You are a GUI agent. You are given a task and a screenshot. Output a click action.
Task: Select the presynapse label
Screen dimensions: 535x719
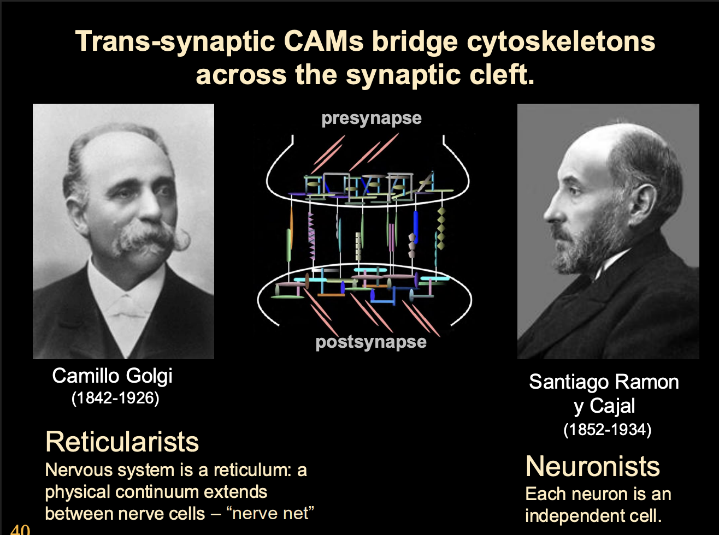click(x=372, y=118)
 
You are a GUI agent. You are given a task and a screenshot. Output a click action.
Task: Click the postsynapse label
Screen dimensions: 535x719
click(x=371, y=342)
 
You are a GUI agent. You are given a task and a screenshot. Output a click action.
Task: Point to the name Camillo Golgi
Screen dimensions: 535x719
click(x=113, y=376)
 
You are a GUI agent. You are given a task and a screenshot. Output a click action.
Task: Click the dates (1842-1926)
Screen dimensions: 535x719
click(x=115, y=398)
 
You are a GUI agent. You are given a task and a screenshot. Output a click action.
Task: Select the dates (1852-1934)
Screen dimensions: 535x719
click(x=608, y=430)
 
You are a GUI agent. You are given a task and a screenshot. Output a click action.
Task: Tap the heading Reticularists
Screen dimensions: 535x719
click(x=122, y=442)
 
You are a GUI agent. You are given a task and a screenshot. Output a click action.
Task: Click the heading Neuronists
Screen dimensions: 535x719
click(x=592, y=466)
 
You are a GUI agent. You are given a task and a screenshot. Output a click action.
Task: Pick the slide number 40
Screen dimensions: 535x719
click(x=20, y=529)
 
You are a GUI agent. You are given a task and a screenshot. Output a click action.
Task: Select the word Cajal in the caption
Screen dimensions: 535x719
click(x=612, y=406)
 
